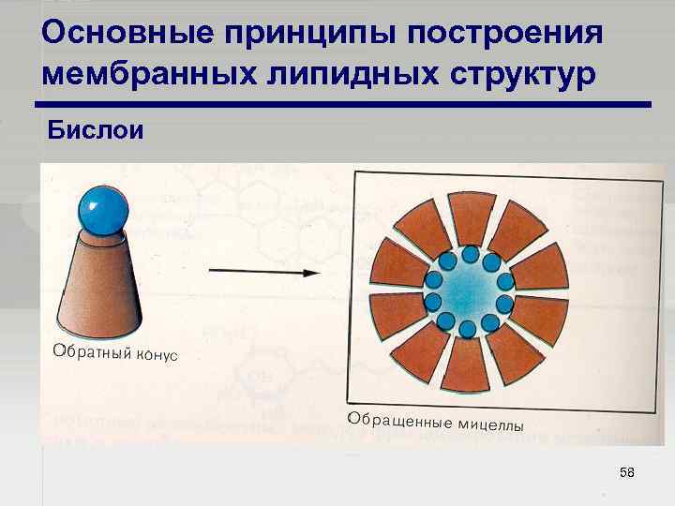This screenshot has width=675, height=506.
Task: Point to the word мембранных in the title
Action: [x=139, y=72]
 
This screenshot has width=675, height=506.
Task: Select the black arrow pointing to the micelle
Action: [x=262, y=272]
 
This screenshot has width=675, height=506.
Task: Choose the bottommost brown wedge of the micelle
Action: [x=466, y=366]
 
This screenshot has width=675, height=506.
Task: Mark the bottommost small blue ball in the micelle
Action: [x=467, y=328]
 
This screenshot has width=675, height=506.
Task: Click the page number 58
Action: [x=626, y=473]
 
